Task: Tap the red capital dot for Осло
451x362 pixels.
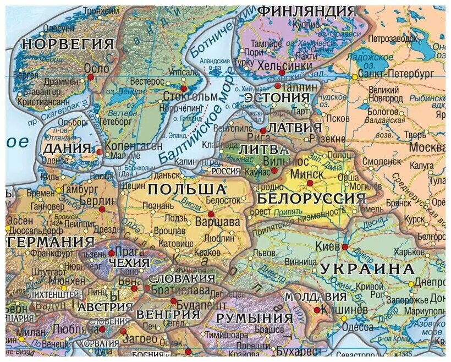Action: [91, 78]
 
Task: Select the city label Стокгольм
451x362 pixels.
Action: [190, 97]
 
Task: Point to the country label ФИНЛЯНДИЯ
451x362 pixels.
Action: [307, 10]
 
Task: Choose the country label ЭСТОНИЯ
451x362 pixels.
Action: [277, 97]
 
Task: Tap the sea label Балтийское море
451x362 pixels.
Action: [196, 125]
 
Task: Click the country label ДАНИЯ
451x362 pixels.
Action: [67, 149]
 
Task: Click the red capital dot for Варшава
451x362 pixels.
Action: [210, 214]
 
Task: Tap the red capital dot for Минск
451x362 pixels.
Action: [310, 183]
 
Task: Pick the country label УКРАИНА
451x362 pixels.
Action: [366, 269]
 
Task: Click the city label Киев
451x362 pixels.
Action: [328, 246]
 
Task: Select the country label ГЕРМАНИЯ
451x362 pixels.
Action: [48, 242]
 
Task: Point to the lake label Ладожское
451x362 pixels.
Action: [375, 57]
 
